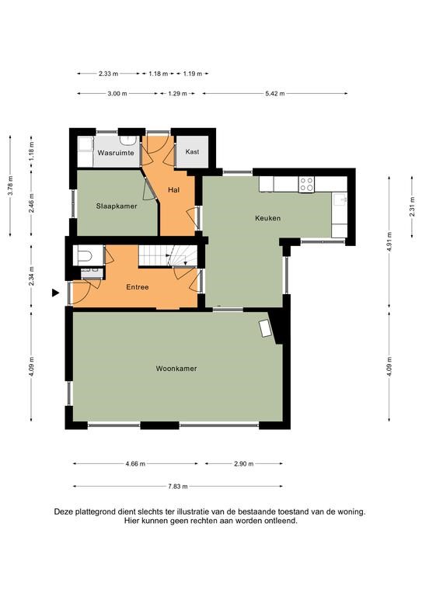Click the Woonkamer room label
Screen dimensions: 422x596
[176, 369]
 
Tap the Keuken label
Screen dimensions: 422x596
[267, 218]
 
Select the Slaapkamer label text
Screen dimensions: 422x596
[117, 206]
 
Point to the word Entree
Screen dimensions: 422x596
[138, 287]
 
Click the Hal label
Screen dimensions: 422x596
[174, 189]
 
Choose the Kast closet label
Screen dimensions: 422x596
[192, 151]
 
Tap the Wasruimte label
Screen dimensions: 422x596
[116, 153]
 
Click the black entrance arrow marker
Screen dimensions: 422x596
[56, 293]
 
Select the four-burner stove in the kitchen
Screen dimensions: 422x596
[306, 185]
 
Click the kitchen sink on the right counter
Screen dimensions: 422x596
[340, 199]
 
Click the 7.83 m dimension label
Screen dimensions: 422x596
[178, 486]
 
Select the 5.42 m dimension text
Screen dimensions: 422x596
[275, 93]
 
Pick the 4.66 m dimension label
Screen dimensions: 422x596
[135, 464]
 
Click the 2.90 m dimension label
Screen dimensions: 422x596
[243, 464]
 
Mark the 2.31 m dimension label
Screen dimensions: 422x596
[412, 206]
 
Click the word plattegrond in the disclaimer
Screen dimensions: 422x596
[95, 512]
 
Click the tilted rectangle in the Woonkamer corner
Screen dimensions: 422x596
[265, 328]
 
